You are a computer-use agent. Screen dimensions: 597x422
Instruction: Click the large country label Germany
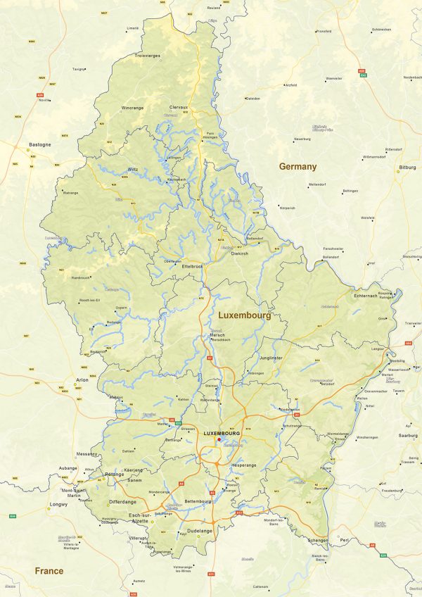298,167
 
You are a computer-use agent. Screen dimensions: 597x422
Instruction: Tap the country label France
49,571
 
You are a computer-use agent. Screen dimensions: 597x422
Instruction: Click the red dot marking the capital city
219,439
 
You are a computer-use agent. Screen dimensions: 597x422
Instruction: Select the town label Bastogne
39,144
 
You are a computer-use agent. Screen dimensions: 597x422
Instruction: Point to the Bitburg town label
407,168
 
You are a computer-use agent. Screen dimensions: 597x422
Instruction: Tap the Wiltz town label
133,170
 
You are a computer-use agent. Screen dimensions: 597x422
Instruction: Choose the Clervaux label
179,107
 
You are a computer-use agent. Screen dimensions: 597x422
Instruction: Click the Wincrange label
132,108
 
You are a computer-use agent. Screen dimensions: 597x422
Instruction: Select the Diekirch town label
240,253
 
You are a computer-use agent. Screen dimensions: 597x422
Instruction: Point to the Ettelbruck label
192,268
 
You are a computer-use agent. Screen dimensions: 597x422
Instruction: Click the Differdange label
122,502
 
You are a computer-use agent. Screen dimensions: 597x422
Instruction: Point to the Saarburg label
407,436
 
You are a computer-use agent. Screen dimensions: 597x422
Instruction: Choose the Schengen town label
317,541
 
